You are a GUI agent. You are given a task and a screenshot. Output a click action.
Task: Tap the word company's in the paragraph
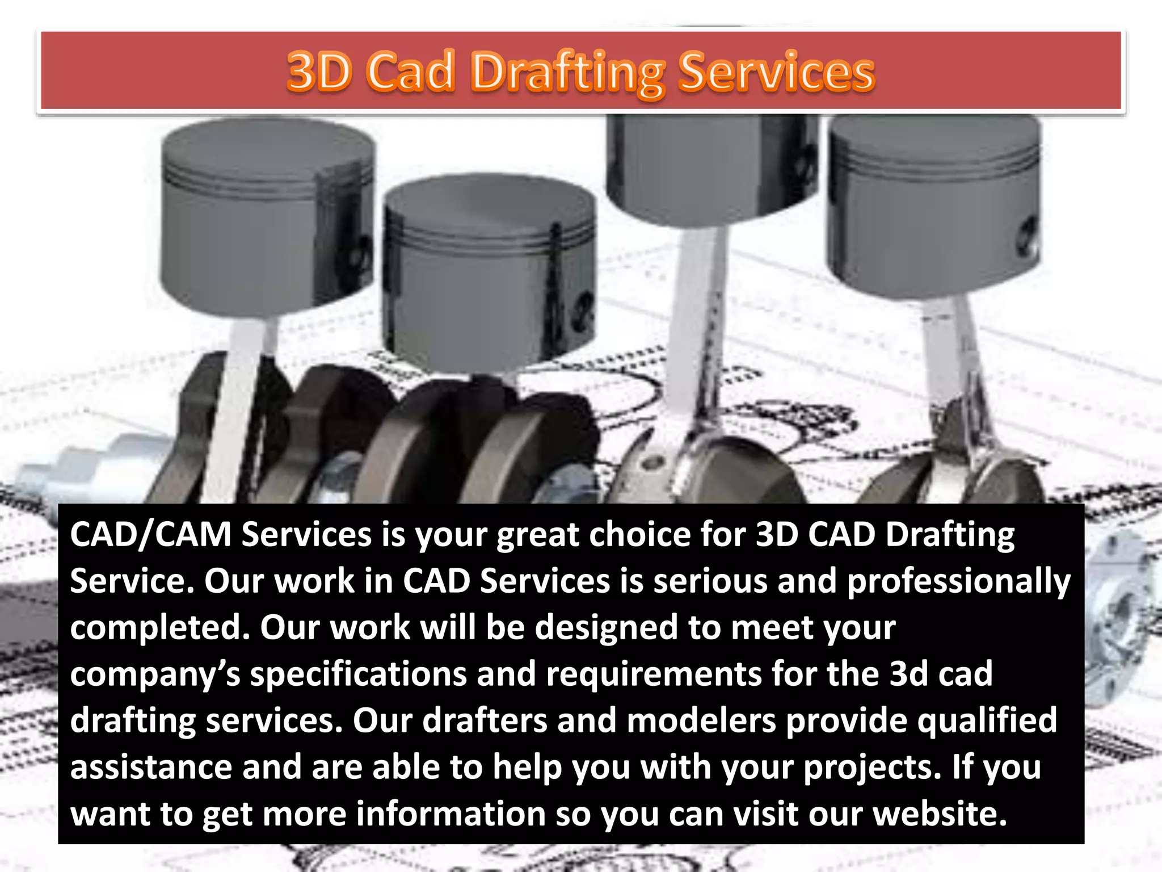point(155,675)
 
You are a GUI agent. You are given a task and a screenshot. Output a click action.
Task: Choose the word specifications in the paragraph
point(358,675)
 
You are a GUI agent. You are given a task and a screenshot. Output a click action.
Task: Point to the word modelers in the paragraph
point(701,720)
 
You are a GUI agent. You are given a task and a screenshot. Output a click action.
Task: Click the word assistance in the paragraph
point(151,768)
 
